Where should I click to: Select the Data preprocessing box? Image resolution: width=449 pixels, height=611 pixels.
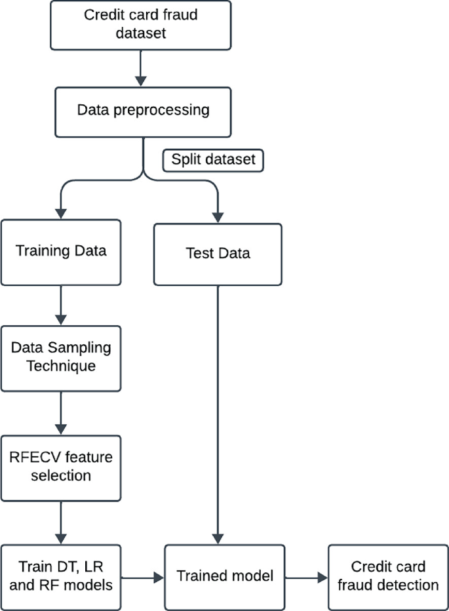click(143, 109)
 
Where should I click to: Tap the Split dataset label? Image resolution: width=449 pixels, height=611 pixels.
click(213, 159)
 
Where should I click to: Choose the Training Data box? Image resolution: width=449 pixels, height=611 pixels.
click(61, 251)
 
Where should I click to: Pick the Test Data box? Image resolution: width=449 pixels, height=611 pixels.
click(217, 254)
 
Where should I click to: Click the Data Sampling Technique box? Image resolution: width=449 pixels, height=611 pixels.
click(61, 357)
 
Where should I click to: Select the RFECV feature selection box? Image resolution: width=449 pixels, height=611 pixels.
click(61, 466)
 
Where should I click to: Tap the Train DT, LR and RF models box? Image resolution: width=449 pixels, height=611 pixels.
click(61, 575)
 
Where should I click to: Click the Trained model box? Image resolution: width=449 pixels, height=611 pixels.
click(225, 576)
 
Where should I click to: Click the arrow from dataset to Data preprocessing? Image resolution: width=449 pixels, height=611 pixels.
click(140, 68)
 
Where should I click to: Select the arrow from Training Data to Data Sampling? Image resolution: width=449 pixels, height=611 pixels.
click(61, 304)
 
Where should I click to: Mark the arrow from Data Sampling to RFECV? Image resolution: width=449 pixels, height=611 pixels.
click(61, 413)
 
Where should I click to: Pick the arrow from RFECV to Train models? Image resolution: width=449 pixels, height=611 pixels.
click(61, 522)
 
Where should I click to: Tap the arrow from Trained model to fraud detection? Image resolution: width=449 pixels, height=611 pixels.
click(306, 577)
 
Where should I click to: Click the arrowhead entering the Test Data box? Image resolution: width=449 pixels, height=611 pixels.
click(218, 217)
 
